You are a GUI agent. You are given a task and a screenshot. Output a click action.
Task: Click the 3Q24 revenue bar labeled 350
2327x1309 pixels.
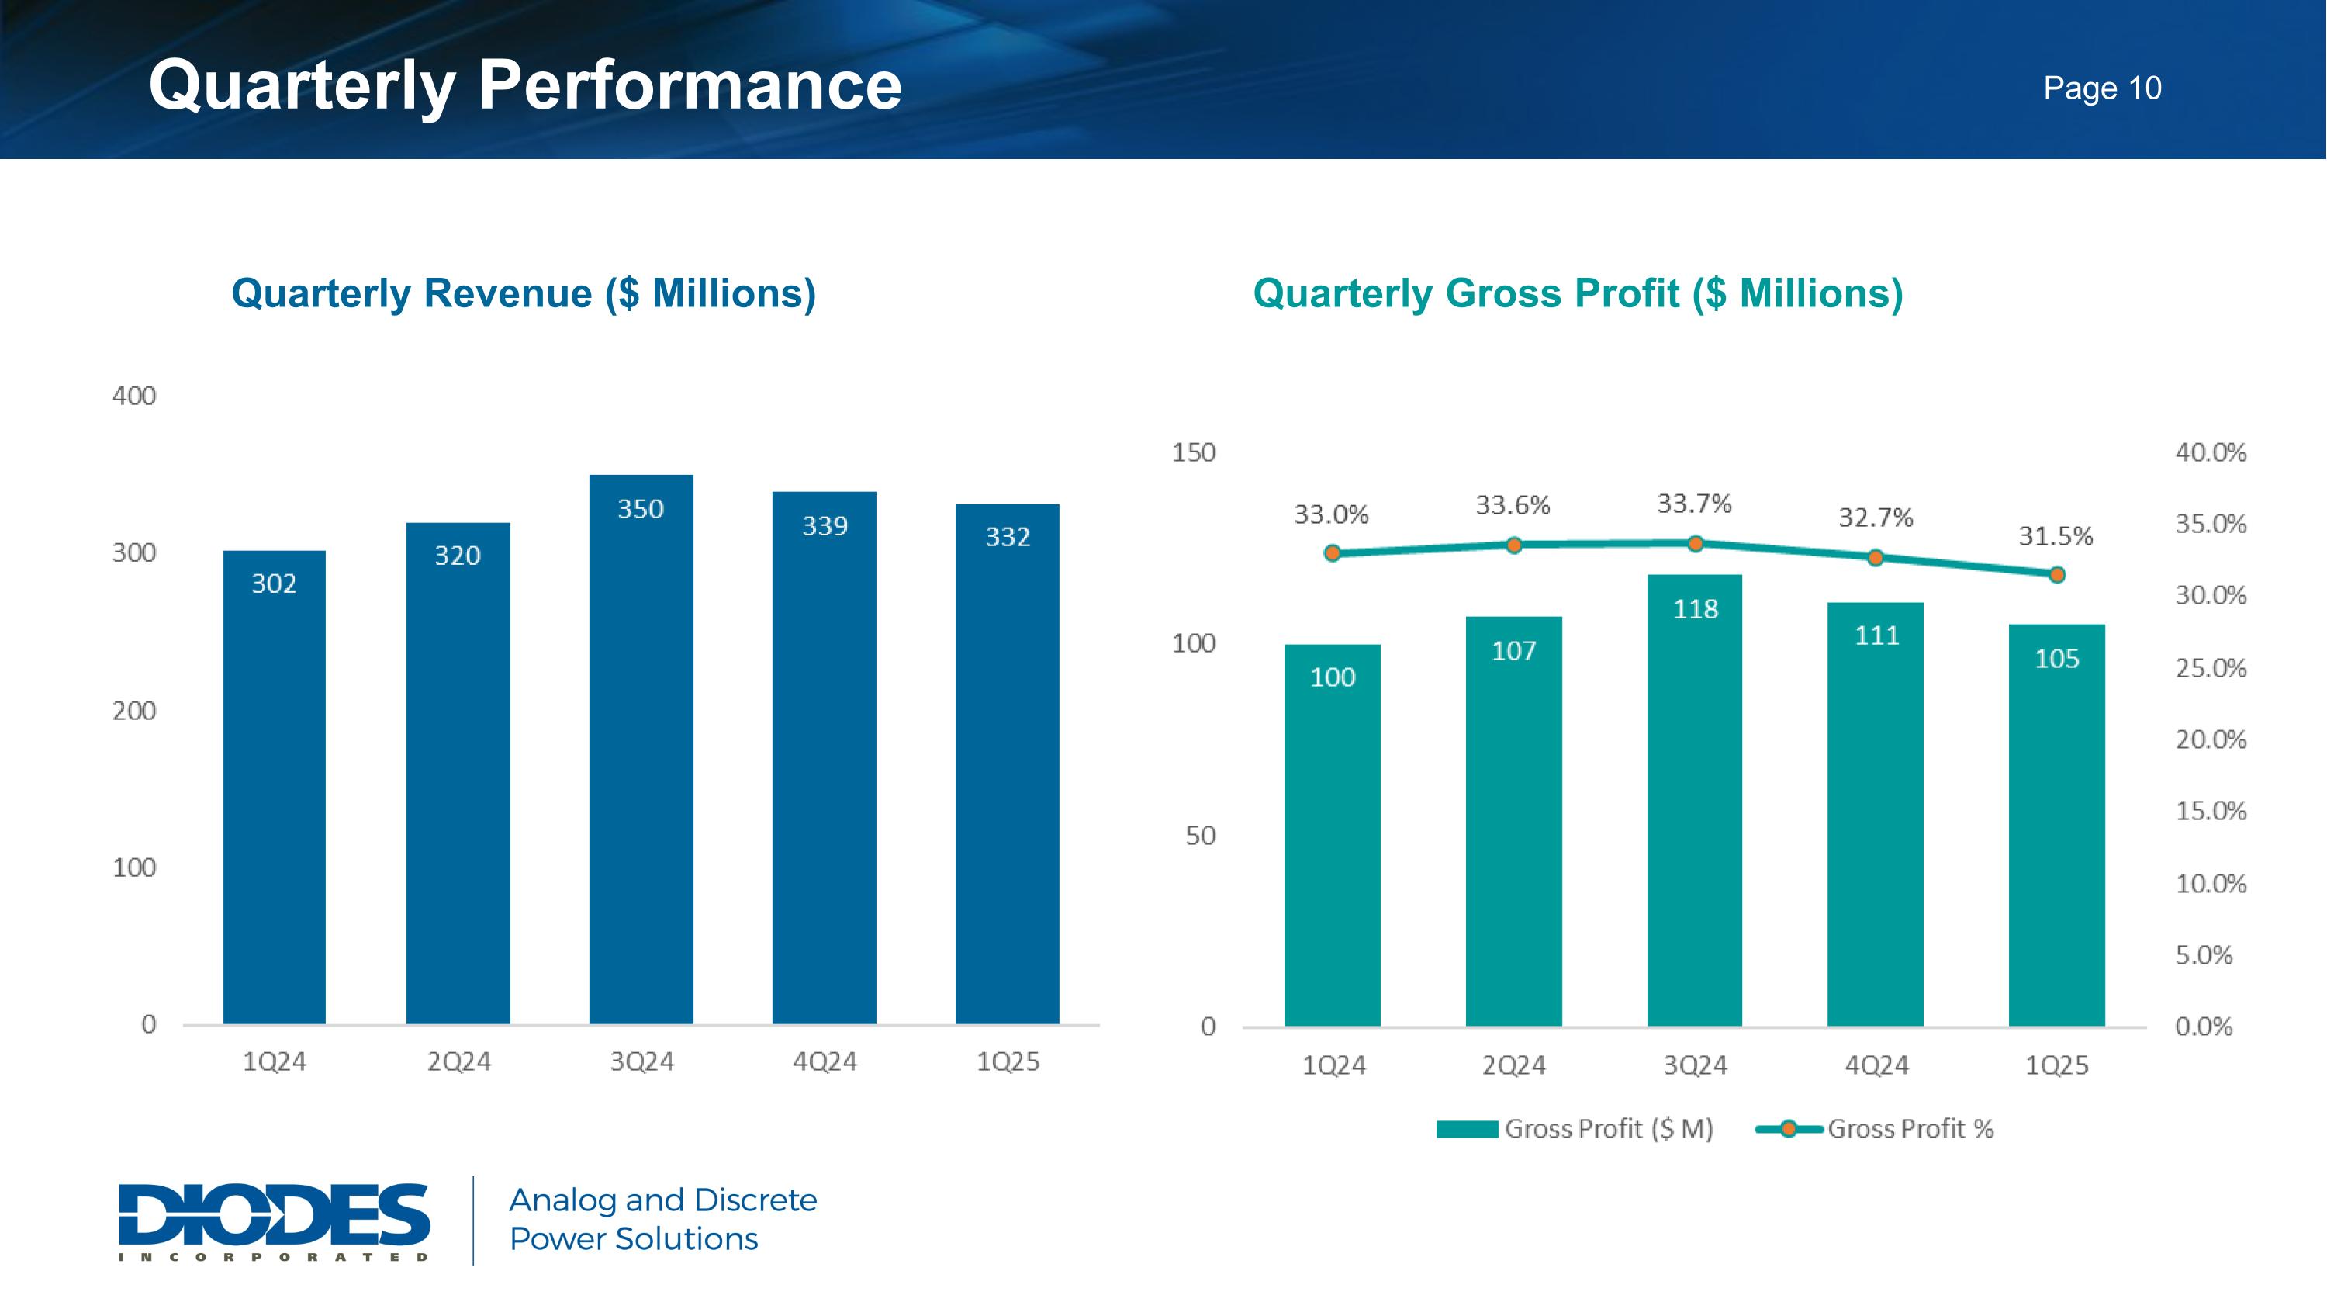coord(641,750)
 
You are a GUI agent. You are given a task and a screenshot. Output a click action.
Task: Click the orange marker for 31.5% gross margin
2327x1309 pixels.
coord(2057,574)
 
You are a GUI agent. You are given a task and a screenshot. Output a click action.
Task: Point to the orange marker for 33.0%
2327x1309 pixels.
coord(1333,553)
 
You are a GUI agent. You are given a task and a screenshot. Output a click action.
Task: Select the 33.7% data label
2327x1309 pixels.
coord(1694,503)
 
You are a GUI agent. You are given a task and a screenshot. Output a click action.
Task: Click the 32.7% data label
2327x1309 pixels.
coord(1876,518)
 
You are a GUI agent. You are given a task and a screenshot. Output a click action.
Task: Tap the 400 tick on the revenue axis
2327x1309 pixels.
coord(133,396)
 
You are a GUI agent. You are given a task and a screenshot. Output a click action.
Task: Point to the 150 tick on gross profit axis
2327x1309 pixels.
coord(1193,452)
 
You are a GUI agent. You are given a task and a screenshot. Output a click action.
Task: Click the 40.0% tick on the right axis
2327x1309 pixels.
coord(2210,452)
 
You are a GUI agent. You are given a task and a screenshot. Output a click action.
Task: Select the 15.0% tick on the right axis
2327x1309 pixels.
coord(2210,811)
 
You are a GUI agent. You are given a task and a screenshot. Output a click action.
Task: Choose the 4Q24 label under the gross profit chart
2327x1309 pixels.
coord(1876,1066)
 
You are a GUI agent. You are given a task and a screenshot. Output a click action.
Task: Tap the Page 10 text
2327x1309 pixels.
coord(2102,88)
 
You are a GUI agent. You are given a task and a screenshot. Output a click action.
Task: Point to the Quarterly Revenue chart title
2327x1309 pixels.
coord(523,293)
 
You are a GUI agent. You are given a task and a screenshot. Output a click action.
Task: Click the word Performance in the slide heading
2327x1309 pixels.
coord(690,86)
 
